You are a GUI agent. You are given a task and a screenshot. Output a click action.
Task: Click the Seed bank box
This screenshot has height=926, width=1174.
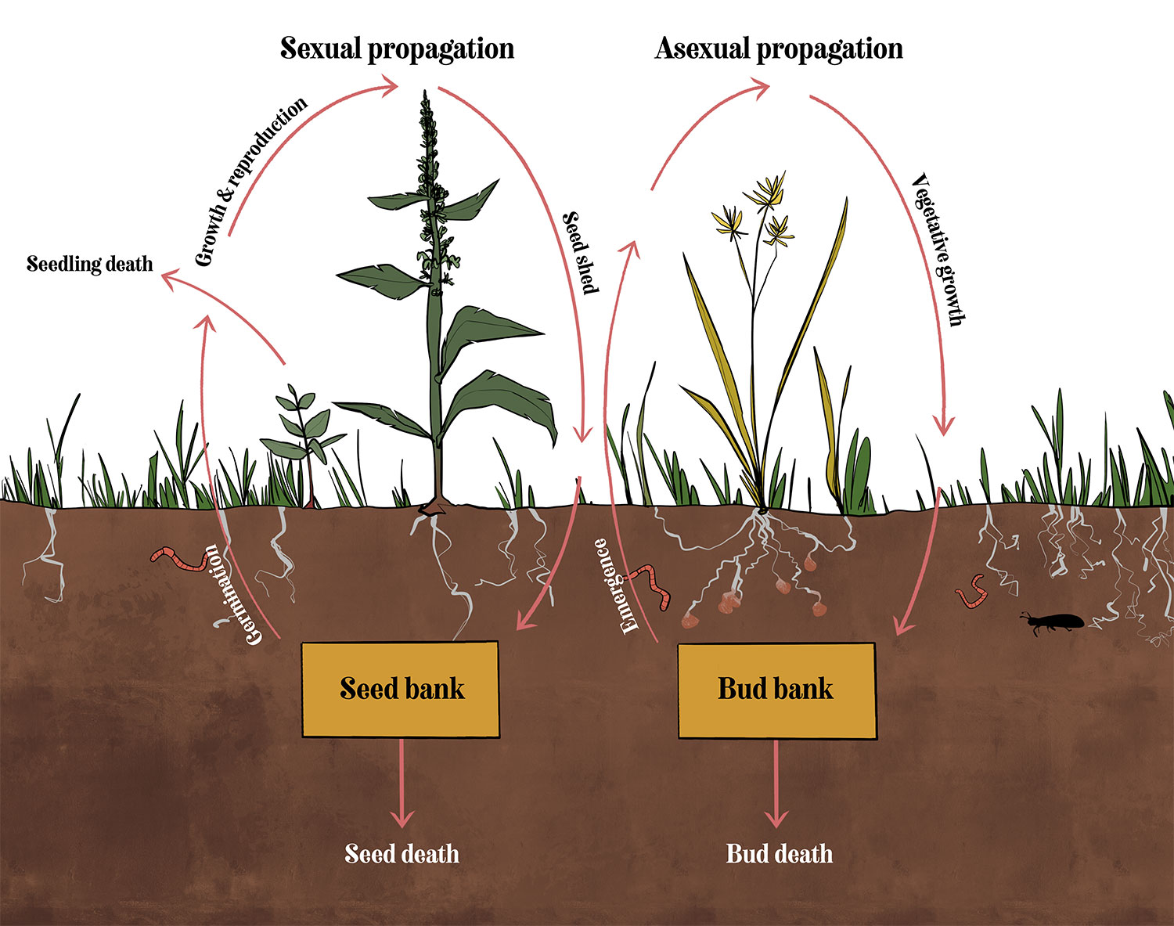pos(400,689)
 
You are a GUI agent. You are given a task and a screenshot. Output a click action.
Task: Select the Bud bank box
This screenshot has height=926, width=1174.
pos(776,690)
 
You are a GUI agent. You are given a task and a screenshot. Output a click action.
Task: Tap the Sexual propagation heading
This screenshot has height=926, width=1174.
pos(397,49)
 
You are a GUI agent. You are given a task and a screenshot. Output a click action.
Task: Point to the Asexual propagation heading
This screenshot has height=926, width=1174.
pos(779,49)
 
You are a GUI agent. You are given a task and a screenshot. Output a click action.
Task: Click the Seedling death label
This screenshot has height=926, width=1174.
pos(90,264)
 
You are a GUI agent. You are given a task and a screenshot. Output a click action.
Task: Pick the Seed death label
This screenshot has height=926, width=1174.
pos(402,853)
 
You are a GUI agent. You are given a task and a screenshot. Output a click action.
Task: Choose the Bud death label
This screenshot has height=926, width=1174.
pos(780,853)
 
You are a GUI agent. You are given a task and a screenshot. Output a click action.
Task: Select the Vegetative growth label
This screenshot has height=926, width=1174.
pos(940,249)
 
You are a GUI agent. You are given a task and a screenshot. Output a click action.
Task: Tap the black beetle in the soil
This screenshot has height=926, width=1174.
pos(1053,622)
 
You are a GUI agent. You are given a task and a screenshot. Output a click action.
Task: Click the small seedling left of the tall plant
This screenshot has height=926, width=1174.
pos(302,438)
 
